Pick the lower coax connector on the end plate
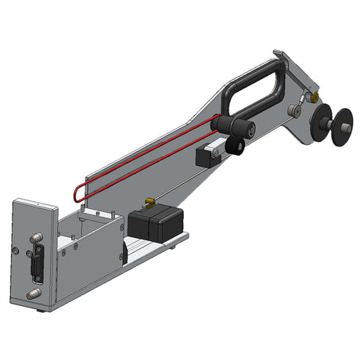(31, 295)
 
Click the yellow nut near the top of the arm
(313, 99)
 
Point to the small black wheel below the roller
(232, 145)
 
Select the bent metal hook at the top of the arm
(279, 56)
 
